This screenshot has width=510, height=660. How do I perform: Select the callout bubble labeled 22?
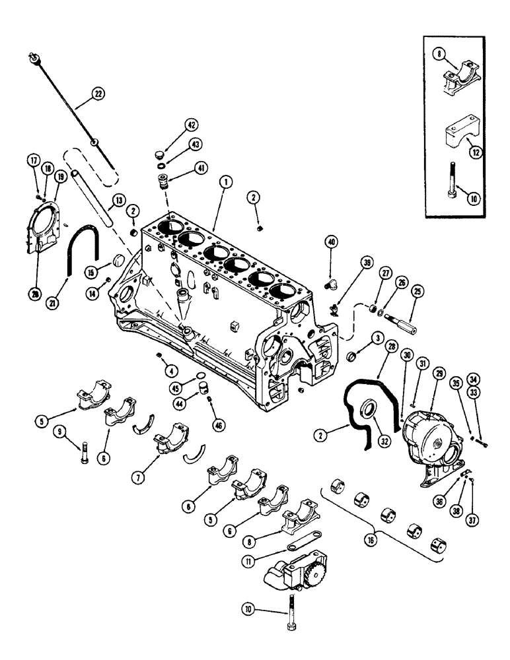coord(98,94)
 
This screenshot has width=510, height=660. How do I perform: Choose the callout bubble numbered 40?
coord(331,242)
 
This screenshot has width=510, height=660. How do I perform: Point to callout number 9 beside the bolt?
coord(60,433)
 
